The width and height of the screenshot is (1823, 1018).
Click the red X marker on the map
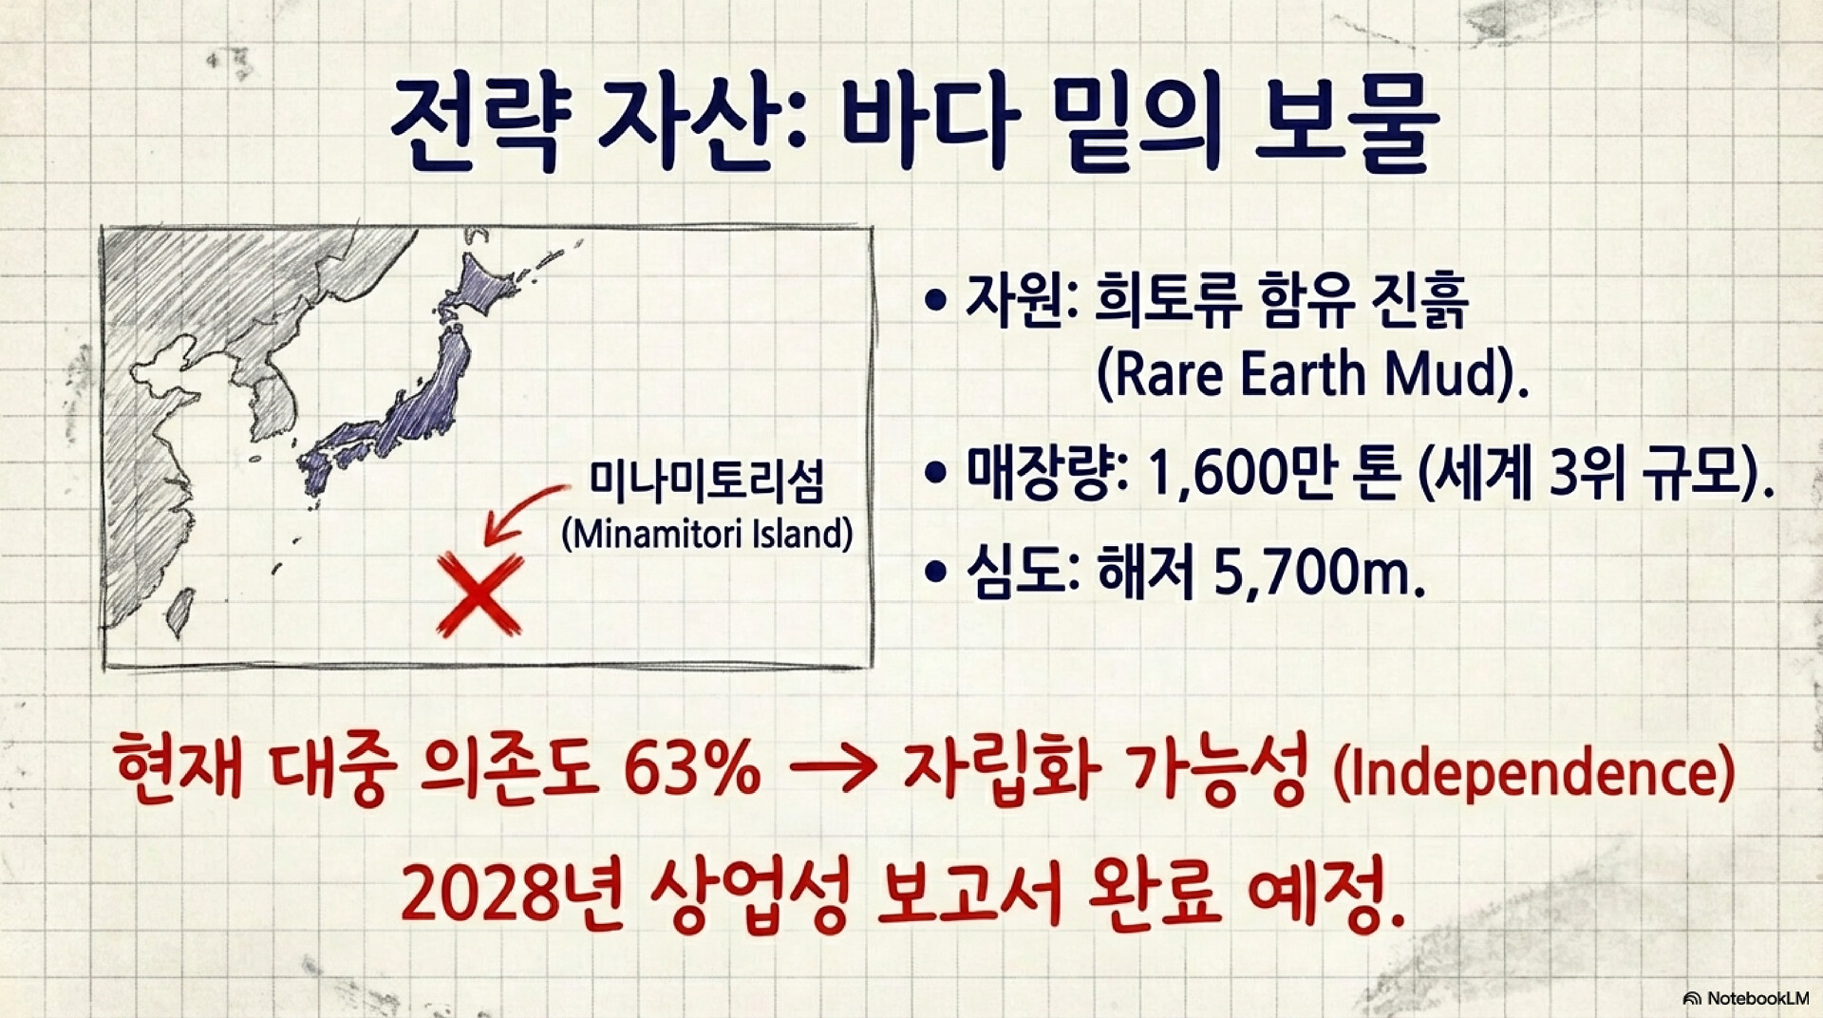tap(479, 595)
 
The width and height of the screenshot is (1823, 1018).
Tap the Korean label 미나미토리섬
tap(706, 482)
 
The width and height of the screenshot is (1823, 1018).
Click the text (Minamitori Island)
tap(706, 534)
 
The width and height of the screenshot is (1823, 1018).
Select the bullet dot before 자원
tap(936, 301)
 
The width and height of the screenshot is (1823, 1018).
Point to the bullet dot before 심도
tap(936, 573)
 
